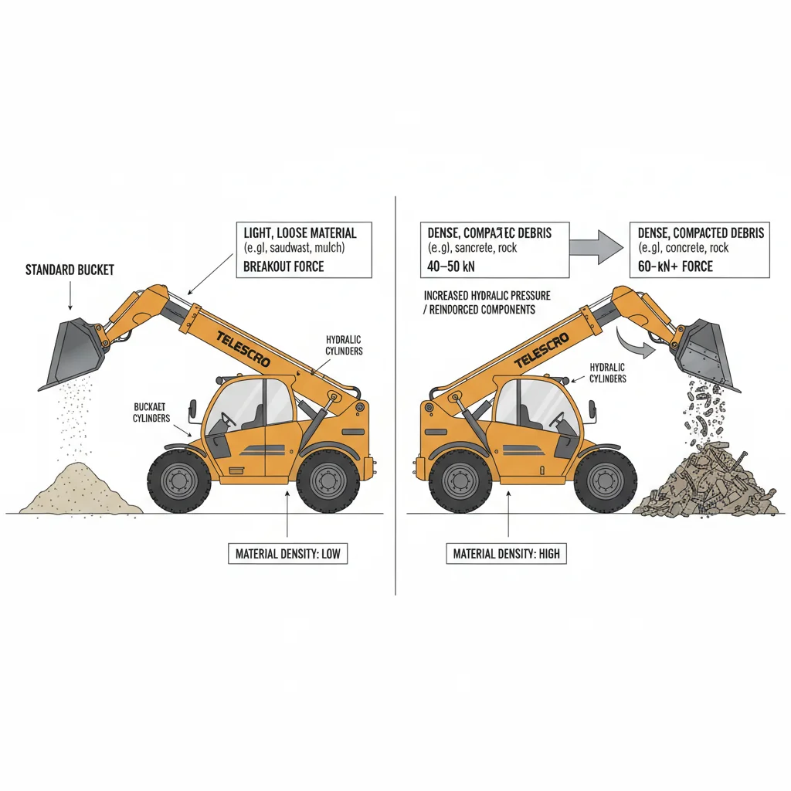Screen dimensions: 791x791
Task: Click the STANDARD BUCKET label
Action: pos(70,270)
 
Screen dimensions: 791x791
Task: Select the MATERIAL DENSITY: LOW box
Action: pos(287,554)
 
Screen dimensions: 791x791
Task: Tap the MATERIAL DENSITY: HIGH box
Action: pos(507,554)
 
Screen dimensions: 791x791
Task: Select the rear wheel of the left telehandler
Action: pos(328,482)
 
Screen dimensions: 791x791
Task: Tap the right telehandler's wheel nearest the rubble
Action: pos(606,482)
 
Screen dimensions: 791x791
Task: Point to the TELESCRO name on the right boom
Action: pos(541,349)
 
